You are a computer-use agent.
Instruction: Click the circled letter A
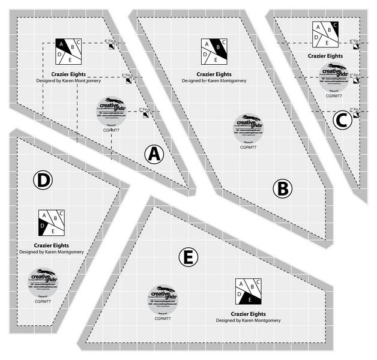(x=154, y=154)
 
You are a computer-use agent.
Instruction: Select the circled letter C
(x=341, y=121)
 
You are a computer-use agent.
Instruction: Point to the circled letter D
(x=43, y=180)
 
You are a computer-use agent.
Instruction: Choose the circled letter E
(x=188, y=257)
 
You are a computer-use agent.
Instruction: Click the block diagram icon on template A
(x=68, y=51)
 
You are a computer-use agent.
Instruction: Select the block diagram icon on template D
(x=51, y=223)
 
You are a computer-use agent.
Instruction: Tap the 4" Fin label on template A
(x=110, y=41)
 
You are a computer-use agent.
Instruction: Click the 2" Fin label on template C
(x=354, y=109)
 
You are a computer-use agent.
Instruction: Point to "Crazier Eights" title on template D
(x=51, y=245)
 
